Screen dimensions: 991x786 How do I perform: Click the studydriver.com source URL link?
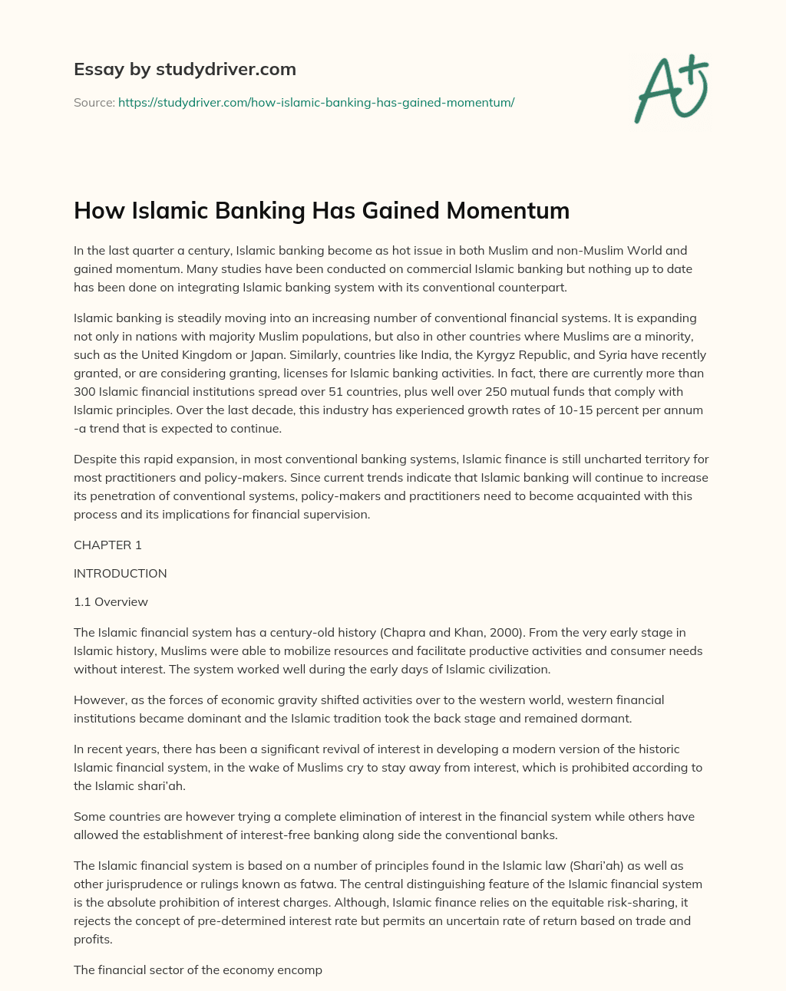(x=315, y=102)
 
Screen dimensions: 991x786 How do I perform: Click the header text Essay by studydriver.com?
(x=184, y=69)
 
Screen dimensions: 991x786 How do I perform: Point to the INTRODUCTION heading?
(x=120, y=573)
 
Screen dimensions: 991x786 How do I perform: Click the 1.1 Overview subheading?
(x=111, y=601)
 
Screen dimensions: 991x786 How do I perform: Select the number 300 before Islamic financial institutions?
(x=84, y=391)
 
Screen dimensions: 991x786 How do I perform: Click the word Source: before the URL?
(x=94, y=102)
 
